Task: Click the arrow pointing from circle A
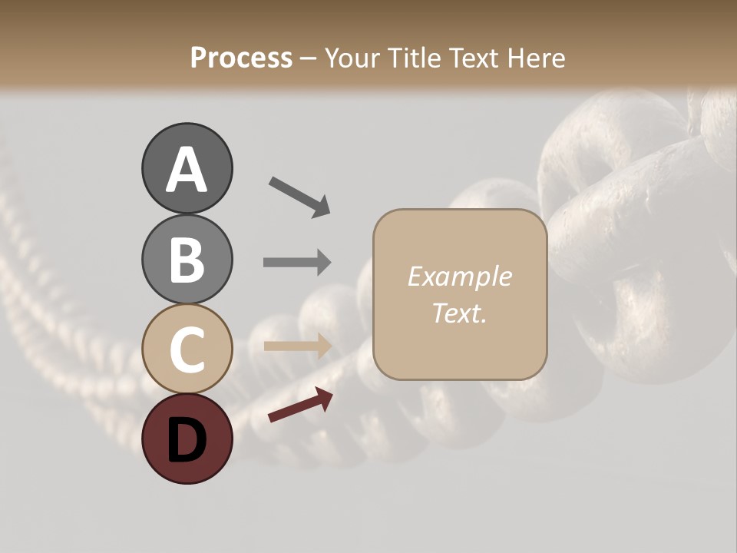pyautogui.click(x=299, y=196)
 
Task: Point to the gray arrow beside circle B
pyautogui.click(x=297, y=262)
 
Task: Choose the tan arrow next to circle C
pyautogui.click(x=297, y=346)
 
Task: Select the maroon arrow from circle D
pyautogui.click(x=300, y=405)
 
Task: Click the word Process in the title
pyautogui.click(x=241, y=58)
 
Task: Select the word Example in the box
pyautogui.click(x=459, y=276)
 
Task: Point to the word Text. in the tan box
pyautogui.click(x=459, y=313)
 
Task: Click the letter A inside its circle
pyautogui.click(x=187, y=170)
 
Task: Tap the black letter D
pyautogui.click(x=187, y=439)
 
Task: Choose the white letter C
pyautogui.click(x=187, y=349)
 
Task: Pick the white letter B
pyautogui.click(x=187, y=260)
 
